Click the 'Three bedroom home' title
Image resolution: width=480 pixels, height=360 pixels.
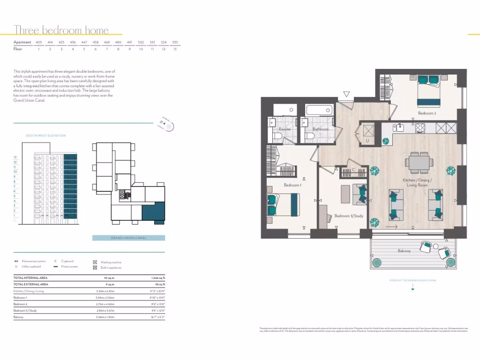pos(61,30)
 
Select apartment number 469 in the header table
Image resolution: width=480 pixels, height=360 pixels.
pos(106,42)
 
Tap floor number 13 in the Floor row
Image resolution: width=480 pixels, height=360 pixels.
pos(174,49)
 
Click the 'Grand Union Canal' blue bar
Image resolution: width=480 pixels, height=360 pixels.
pos(128,238)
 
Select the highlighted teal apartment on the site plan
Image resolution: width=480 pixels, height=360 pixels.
pos(153,213)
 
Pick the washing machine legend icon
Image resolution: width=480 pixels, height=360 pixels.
pos(95,262)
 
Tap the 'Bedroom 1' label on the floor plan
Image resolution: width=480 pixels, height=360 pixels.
pos(293,185)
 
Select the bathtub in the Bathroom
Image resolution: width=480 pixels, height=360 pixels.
pos(319,111)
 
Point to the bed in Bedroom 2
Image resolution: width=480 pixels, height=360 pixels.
pos(428,90)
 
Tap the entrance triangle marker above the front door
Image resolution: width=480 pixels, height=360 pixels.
pos(346,94)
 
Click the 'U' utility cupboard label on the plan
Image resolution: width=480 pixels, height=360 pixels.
pos(367,140)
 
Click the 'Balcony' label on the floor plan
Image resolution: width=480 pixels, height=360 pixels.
pos(404,251)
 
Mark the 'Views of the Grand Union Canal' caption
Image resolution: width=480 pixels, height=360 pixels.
pos(412,280)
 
